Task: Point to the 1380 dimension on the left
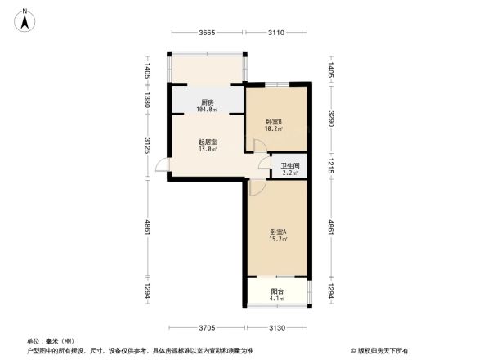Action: click(148, 101)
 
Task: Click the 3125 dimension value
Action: click(148, 146)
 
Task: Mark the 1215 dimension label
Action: click(330, 166)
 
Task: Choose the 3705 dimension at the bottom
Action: click(206, 327)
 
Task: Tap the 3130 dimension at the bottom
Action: click(277, 327)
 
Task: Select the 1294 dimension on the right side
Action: click(330, 292)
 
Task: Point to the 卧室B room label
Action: click(274, 121)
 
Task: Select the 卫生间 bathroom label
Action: click(290, 166)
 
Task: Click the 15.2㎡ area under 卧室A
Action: click(277, 241)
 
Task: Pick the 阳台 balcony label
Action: click(278, 290)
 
